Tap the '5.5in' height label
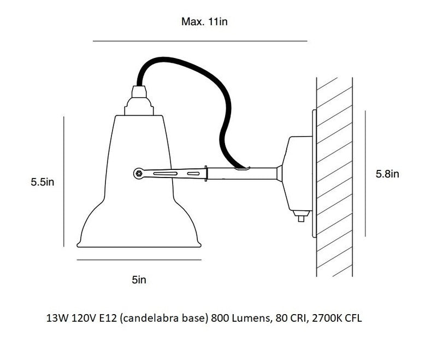(43, 182)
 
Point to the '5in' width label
(139, 280)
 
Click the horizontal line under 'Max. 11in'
(200, 41)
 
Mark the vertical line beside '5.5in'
(64, 181)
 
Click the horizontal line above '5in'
(139, 260)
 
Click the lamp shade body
(140, 208)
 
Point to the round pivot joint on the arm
(139, 173)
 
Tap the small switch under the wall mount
(300, 218)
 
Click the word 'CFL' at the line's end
(353, 317)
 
